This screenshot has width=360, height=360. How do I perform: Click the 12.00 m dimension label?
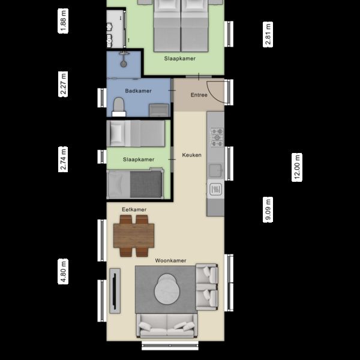tap(297, 167)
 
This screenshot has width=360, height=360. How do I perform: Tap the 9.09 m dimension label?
tap(268, 210)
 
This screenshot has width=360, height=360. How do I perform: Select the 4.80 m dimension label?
tap(64, 271)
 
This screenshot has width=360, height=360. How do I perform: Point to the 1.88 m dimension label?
tap(64, 20)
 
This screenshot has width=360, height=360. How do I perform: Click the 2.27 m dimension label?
tap(64, 83)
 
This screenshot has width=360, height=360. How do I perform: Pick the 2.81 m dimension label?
tap(268, 35)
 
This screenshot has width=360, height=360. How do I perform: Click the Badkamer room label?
tap(138, 91)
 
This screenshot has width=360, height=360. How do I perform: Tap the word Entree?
tap(199, 95)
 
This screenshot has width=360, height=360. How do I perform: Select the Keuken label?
tap(192, 155)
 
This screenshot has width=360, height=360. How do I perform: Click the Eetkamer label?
tap(134, 209)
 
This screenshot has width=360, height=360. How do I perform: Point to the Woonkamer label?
tap(170, 261)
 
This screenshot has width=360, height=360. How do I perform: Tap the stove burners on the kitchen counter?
tap(216, 139)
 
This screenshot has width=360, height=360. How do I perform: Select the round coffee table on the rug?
tap(167, 290)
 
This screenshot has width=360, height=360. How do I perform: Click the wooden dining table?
tap(134, 235)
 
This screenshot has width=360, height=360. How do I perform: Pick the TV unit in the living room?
tap(114, 291)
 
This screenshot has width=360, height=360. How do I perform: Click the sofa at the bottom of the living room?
tap(166, 327)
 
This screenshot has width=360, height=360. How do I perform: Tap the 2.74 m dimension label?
tap(64, 159)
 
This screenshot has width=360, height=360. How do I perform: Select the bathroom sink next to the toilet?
tap(158, 110)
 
